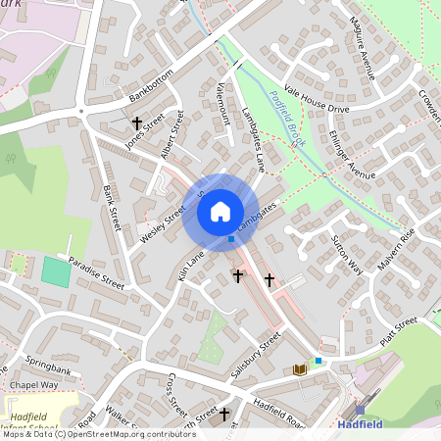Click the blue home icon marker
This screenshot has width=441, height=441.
click(x=220, y=211)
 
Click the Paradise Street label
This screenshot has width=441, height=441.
click(x=97, y=273)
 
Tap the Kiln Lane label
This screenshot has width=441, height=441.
click(x=190, y=264)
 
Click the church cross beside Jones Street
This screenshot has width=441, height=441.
click(x=137, y=123)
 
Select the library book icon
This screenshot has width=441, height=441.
click(x=300, y=369)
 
